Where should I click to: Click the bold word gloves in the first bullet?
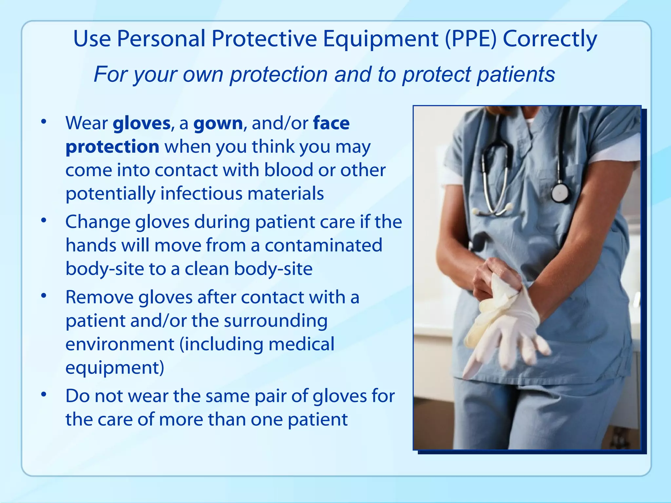click(x=142, y=123)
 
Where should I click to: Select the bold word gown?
click(x=218, y=123)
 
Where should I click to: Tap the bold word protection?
click(x=112, y=147)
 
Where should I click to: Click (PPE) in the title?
click(x=471, y=39)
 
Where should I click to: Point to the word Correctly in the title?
click(x=550, y=39)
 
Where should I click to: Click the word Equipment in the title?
click(x=380, y=39)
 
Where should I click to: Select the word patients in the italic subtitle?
click(x=516, y=74)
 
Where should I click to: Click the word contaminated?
click(x=323, y=246)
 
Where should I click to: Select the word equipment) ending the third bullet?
click(x=115, y=368)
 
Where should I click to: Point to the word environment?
click(x=120, y=344)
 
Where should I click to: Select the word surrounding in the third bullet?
click(x=276, y=321)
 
